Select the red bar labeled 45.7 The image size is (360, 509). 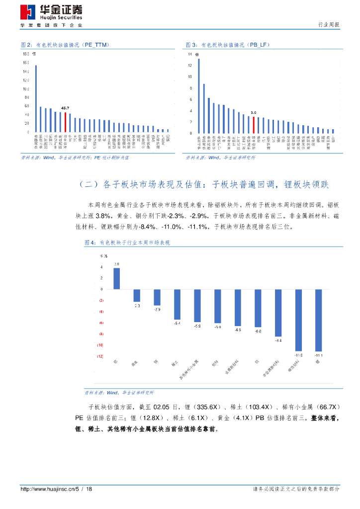pos(65,122)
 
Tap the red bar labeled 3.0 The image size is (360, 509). pos(254,125)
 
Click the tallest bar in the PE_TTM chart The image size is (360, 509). pos(36,99)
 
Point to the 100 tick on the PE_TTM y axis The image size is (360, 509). pos(26,89)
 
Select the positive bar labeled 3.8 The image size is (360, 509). pos(116,279)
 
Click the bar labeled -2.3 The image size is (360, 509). pos(137,295)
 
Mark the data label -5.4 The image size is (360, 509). pos(177,324)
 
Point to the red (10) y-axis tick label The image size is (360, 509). pos(100,345)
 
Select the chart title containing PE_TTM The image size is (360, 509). pos(65,45)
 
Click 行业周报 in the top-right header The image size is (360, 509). pos(328,25)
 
